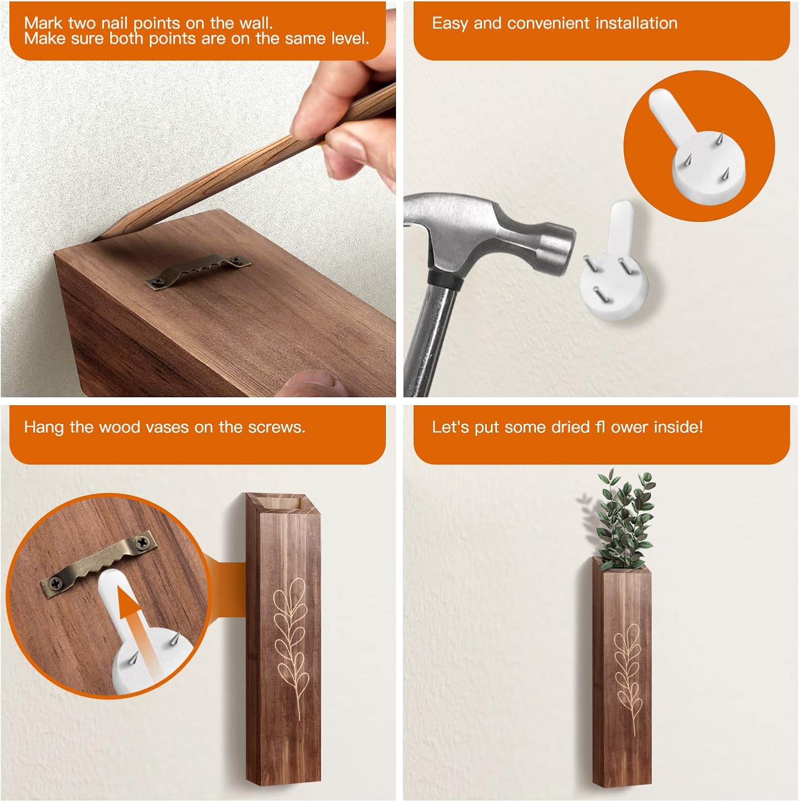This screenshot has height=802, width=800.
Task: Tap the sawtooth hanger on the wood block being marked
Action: click(198, 270)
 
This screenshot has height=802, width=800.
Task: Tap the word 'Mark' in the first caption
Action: click(43, 24)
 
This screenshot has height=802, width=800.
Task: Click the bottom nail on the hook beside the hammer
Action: click(597, 292)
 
